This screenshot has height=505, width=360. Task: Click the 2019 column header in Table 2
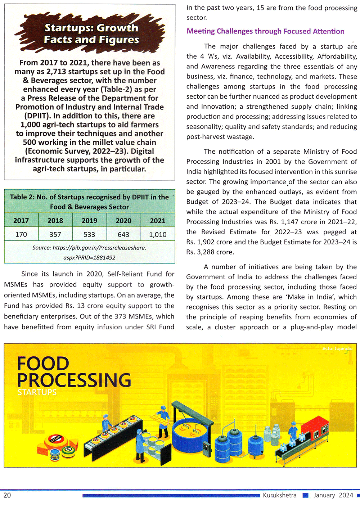coord(89,221)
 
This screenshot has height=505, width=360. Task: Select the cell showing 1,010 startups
coord(158,234)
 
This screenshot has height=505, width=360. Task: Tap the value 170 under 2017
coord(21,234)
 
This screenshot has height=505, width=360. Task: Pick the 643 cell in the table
coord(123,234)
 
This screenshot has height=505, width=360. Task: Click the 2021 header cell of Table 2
coord(158,221)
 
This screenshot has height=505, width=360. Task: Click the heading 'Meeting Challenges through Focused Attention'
coord(265,31)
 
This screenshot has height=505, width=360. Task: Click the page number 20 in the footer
coord(7,495)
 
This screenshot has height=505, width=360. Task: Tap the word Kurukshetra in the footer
coord(280,495)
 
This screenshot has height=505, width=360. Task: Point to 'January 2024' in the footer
coord(333,495)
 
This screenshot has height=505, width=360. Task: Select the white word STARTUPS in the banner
coord(37,392)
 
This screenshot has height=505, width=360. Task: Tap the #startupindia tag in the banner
coord(337,348)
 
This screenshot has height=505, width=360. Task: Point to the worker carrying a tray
coord(163,421)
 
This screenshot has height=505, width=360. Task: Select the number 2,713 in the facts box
coord(56,72)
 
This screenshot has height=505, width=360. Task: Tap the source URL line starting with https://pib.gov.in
coord(89,248)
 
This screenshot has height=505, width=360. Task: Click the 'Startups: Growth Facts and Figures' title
coord(91,33)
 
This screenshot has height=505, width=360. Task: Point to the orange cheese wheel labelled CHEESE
coord(56,440)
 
